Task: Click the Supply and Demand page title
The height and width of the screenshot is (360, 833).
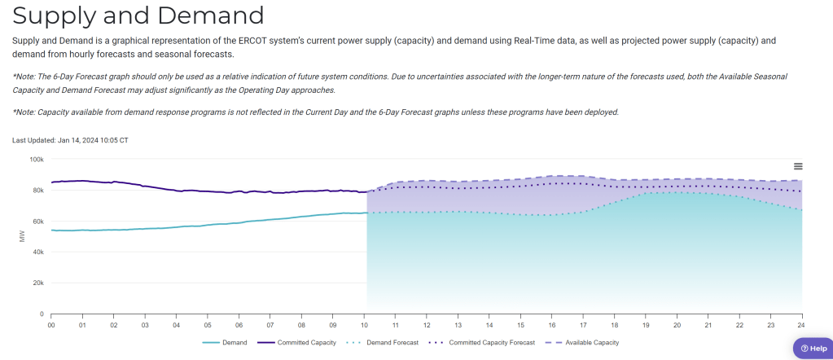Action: click(138, 15)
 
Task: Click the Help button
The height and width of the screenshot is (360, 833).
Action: click(808, 349)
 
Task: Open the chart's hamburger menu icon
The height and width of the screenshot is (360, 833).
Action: click(798, 166)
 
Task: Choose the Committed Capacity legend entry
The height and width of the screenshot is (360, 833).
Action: click(303, 343)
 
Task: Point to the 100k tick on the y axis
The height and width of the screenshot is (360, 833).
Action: click(37, 160)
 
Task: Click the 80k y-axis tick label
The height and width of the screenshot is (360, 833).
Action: click(37, 191)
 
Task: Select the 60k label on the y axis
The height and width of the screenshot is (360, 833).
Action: click(37, 222)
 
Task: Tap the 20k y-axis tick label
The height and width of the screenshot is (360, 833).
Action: click(37, 283)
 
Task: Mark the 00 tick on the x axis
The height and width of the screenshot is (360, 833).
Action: click(51, 325)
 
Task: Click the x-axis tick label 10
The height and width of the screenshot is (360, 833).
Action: click(364, 325)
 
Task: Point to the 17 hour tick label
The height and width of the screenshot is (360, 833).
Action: click(583, 325)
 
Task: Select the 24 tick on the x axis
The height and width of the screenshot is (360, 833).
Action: click(802, 325)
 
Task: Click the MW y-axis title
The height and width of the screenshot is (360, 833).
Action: click(22, 236)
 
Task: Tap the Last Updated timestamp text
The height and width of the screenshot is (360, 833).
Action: click(70, 140)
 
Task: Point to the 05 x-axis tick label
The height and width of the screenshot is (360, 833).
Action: click(208, 325)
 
